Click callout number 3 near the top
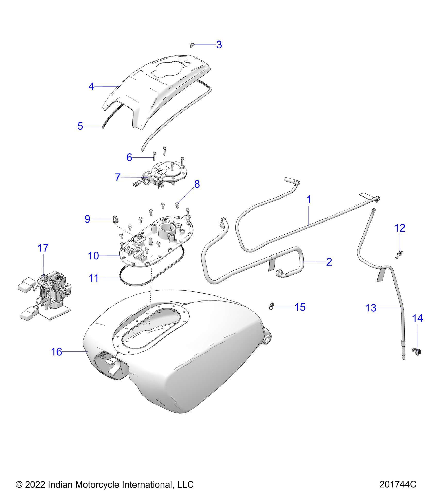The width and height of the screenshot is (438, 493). pyautogui.click(x=219, y=45)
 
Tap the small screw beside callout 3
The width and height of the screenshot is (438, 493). pyautogui.click(x=191, y=45)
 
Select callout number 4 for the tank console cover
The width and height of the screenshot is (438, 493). pyautogui.click(x=91, y=87)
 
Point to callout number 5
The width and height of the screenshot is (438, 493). pyautogui.click(x=80, y=126)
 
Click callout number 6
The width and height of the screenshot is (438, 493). pyautogui.click(x=129, y=157)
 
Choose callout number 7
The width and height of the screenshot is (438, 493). pyautogui.click(x=118, y=177)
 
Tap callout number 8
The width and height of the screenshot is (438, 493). pyautogui.click(x=197, y=184)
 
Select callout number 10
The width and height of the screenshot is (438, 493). pyautogui.click(x=93, y=256)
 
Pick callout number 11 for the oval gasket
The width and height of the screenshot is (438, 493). pyautogui.click(x=94, y=278)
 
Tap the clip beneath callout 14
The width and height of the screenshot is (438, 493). pyautogui.click(x=417, y=351)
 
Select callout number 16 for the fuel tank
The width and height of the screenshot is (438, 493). pyautogui.click(x=56, y=352)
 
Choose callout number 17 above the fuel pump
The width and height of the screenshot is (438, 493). pyautogui.click(x=43, y=248)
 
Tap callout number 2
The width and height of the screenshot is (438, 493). pyautogui.click(x=329, y=262)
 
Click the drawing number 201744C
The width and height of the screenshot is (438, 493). pyautogui.click(x=398, y=484)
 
